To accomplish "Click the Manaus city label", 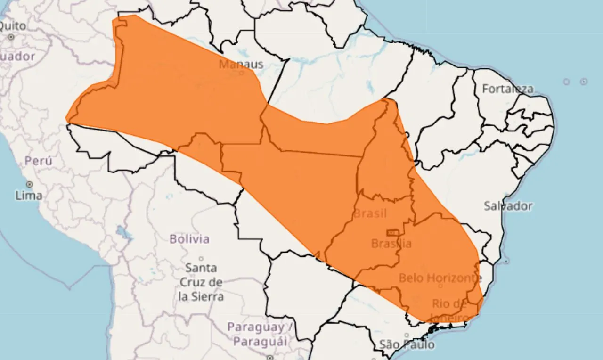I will tap(241, 64).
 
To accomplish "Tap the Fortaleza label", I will tap(507, 89).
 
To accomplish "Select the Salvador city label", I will tap(508, 206).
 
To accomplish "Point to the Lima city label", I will tap(29, 195).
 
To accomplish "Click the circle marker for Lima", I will tap(29, 184).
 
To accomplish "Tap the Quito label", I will tap(13, 25).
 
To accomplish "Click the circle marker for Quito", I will tap(11, 36).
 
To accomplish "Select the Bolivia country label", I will tap(189, 239).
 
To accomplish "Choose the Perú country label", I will tap(39, 161).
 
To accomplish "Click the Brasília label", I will tap(391, 244).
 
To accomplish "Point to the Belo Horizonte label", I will tap(440, 278).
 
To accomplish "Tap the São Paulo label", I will tap(407, 345).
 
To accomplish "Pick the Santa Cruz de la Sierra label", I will tap(201, 282).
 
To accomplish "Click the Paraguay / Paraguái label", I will tap(257, 334).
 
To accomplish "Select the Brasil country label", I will tap(370, 213).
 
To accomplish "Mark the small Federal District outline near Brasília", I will tap(392, 232).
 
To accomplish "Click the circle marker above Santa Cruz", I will tap(201, 259).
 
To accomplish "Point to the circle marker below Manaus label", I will tap(241, 73).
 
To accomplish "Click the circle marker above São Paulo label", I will tap(407, 335).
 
